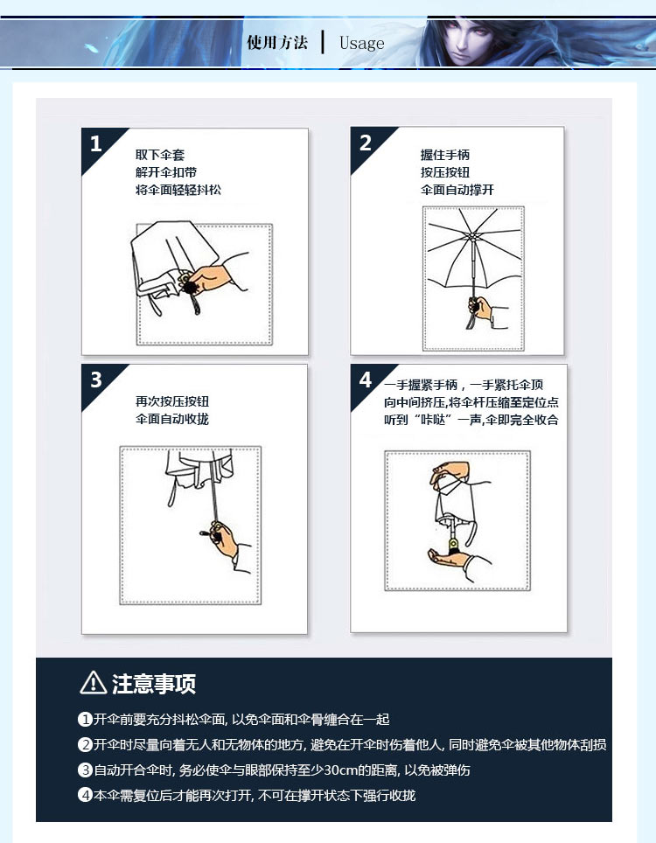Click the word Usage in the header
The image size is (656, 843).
pyautogui.click(x=362, y=43)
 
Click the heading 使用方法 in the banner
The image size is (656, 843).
pyautogui.click(x=277, y=43)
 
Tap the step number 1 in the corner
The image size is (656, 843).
pyautogui.click(x=95, y=143)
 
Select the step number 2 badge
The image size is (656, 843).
pyautogui.click(x=366, y=143)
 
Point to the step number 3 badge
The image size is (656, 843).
pyautogui.click(x=96, y=380)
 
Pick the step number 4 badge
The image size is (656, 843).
pyautogui.click(x=366, y=380)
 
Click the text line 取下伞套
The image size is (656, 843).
pyautogui.click(x=160, y=155)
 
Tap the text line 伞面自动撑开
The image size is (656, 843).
pyautogui.click(x=457, y=190)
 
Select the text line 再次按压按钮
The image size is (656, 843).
pyautogui.click(x=172, y=401)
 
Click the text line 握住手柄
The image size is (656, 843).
pyautogui.click(x=445, y=155)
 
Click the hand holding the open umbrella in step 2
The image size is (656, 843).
pyautogui.click(x=481, y=309)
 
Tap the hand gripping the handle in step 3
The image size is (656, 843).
pyautogui.click(x=225, y=540)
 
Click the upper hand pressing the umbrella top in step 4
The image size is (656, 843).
pyautogui.click(x=449, y=473)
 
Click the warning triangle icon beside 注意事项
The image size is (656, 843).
pyautogui.click(x=93, y=683)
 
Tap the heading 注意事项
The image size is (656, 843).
pyautogui.click(x=154, y=684)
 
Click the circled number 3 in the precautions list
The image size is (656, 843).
pyautogui.click(x=86, y=770)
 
